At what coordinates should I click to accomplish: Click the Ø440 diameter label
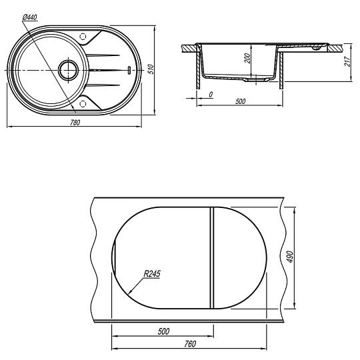pyautogui.click(x=30, y=17)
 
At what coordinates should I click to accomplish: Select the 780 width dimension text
pyautogui.click(x=75, y=123)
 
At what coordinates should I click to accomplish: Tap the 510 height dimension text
pyautogui.click(x=150, y=69)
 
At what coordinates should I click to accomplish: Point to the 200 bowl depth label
pyautogui.click(x=247, y=58)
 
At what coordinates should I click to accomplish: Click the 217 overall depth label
pyautogui.click(x=347, y=61)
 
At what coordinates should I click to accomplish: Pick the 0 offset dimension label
pyautogui.click(x=211, y=95)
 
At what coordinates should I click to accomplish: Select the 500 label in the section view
pyautogui.click(x=240, y=101)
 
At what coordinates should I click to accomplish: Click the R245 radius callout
pyautogui.click(x=152, y=274)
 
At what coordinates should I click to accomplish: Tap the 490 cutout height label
pyautogui.click(x=290, y=257)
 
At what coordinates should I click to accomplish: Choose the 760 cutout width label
pyautogui.click(x=190, y=344)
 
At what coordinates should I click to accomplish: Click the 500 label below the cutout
pyautogui.click(x=163, y=331)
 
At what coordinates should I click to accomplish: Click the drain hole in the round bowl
pyautogui.click(x=69, y=70)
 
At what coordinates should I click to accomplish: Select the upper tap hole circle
pyautogui.click(x=83, y=37)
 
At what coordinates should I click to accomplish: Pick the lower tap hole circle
pyautogui.click(x=83, y=104)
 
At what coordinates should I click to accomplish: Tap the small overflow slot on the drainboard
pyautogui.click(x=129, y=70)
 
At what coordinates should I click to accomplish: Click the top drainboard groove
pyautogui.click(x=103, y=55)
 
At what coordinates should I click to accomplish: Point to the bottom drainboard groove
pyautogui.click(x=103, y=85)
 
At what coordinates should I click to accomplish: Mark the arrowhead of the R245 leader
pyautogui.click(x=129, y=293)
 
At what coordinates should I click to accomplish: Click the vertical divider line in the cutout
pyautogui.click(x=212, y=258)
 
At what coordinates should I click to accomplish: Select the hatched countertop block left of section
pyautogui.click(x=189, y=48)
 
